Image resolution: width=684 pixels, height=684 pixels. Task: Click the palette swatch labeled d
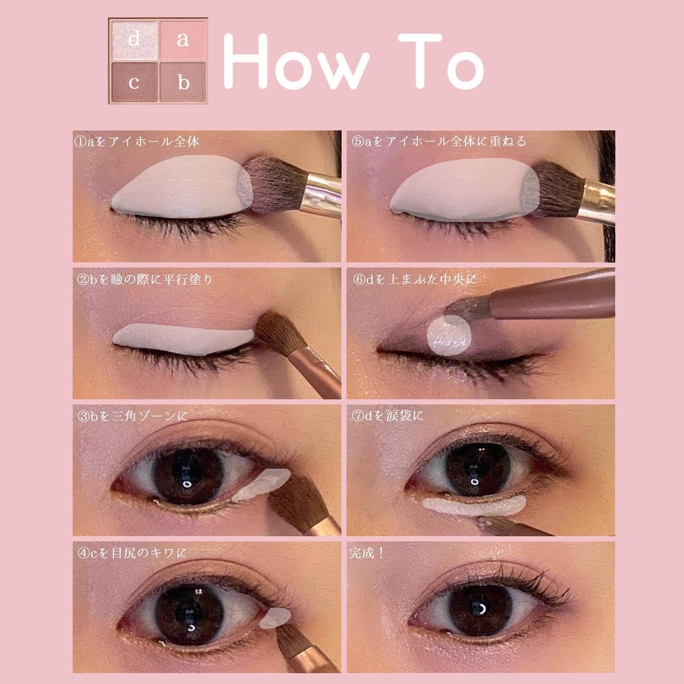pos(134,39)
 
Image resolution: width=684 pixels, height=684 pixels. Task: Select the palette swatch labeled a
pos(183,39)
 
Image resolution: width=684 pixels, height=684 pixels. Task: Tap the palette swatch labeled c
pos(134,82)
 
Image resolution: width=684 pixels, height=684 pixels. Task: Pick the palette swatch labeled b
pos(183,82)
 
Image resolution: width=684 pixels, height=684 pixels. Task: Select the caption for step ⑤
pos(439,141)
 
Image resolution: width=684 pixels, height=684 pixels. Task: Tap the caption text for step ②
pos(144,279)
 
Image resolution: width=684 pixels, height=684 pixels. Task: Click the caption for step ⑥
pos(415,279)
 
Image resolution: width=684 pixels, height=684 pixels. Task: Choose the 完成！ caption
pos(367,553)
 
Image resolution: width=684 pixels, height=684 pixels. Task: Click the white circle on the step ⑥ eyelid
pos(449,336)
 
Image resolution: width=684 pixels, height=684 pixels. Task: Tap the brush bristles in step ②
pos(276,332)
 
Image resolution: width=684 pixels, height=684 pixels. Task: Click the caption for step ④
pos(132,553)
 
